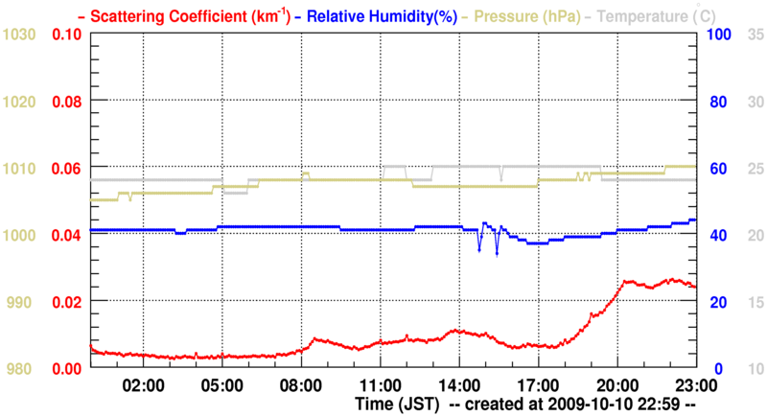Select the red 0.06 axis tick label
(66, 169)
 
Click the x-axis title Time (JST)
(397, 404)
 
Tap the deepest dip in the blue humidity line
(497, 255)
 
